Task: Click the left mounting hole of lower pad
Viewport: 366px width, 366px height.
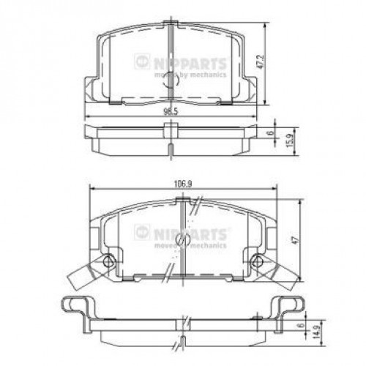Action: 110,262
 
